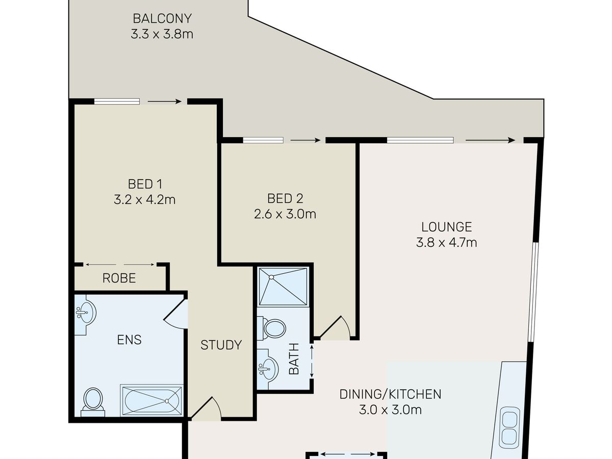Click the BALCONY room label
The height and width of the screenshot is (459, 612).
coord(162,19)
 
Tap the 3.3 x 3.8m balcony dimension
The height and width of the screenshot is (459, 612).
coord(162,34)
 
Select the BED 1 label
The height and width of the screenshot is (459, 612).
coord(145,184)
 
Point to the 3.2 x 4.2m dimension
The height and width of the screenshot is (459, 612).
coord(145,200)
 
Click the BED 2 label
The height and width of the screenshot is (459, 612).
coord(285,199)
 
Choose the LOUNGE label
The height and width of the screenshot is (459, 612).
coord(447,227)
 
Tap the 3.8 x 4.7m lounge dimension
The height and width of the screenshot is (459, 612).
coord(447,243)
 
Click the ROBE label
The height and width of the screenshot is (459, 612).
coord(119,278)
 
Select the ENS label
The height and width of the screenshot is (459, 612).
coord(130,340)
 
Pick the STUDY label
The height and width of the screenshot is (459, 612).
coord(221,345)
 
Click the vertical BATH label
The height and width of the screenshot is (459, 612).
coord(294,359)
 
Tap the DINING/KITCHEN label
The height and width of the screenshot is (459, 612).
coord(390,394)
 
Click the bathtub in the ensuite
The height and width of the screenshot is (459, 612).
coord(152,401)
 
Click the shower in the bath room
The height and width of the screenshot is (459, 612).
coord(283,287)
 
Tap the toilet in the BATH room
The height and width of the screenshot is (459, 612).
coord(271,328)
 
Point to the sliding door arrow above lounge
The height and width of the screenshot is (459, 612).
coord(490,140)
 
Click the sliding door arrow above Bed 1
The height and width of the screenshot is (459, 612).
coord(165,101)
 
